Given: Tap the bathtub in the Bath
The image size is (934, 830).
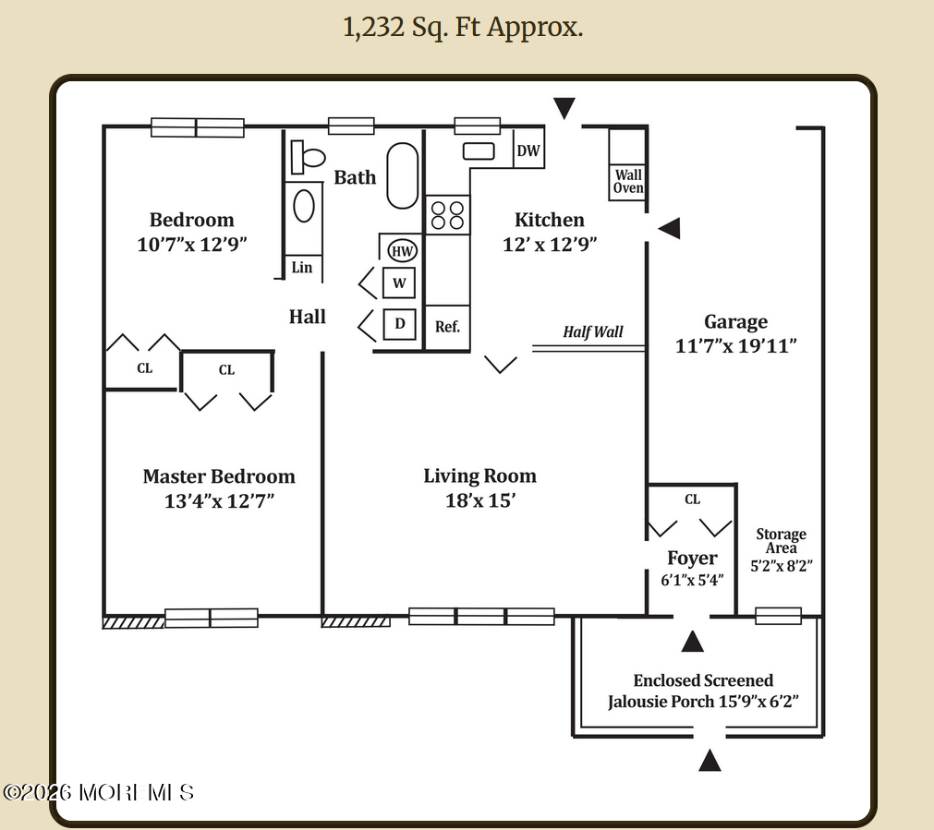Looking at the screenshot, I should tap(402, 175).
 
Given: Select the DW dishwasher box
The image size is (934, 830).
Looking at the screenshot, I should tap(528, 151).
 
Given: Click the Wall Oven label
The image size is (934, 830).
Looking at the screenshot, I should tap(628, 181).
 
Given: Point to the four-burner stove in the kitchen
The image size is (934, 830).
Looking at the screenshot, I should tap(448, 215).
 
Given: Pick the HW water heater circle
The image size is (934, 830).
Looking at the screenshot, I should tap(402, 250).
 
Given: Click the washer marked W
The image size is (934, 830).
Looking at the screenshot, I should tap(399, 283).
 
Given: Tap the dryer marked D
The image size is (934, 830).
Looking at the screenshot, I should tap(399, 324).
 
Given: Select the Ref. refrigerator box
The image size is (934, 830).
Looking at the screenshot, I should tap(448, 327).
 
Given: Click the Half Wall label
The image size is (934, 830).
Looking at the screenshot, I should tap(593, 331).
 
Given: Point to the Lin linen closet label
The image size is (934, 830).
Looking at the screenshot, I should tap(302, 268).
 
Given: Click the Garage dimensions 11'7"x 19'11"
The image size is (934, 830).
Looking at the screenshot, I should tap(736, 345).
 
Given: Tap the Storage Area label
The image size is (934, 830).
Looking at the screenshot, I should tap(781, 541).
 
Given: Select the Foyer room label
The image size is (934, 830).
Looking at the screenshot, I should tap(692, 558).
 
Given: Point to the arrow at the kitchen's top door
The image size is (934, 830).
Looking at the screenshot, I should tap(564, 108).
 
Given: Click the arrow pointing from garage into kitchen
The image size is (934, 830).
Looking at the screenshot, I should tap(669, 227).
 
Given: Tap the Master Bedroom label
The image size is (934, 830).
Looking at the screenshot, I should tap(219, 476).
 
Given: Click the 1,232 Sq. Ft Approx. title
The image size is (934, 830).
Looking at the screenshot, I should tap(463, 28).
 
